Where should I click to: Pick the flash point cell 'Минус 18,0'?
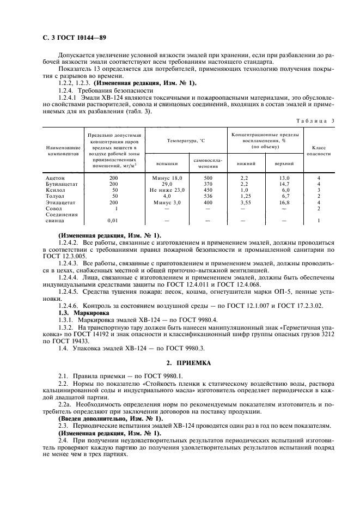tap(167, 178)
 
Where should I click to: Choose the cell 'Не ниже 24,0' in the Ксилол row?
tap(167, 190)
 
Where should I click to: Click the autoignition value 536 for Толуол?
tap(208, 196)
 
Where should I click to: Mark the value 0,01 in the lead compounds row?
tap(113, 221)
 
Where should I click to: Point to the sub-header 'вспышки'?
tap(167, 163)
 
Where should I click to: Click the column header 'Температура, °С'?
tap(186, 141)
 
